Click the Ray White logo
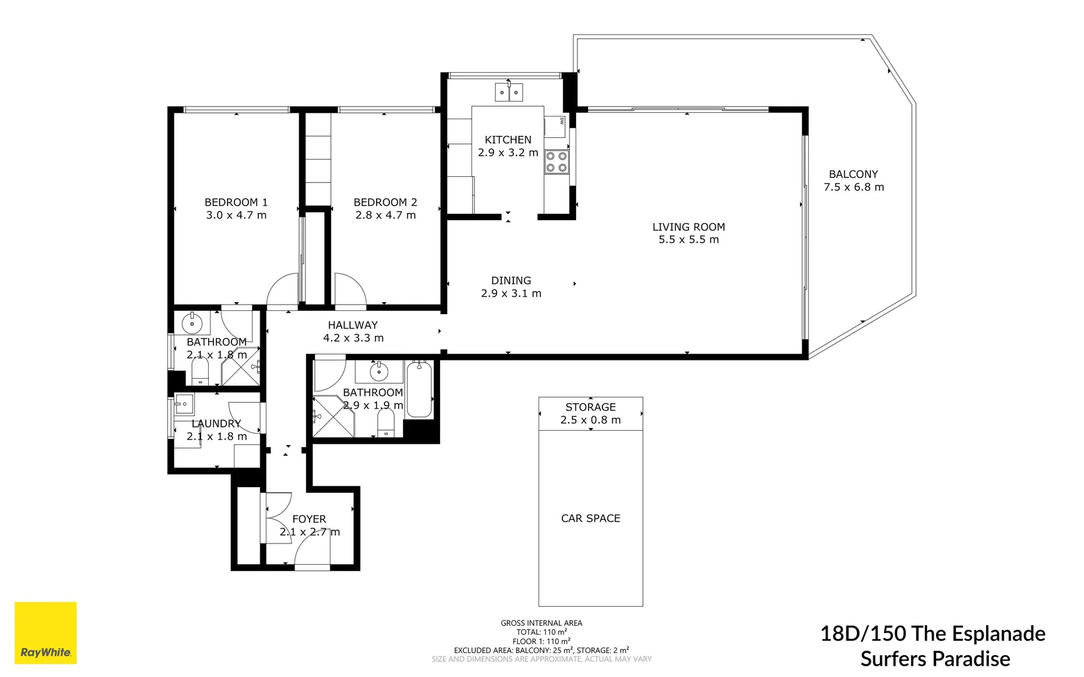(x=45, y=633)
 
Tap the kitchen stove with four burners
(x=556, y=162)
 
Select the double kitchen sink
(x=508, y=93)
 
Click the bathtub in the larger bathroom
(x=419, y=390)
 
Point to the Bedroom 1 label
(x=236, y=202)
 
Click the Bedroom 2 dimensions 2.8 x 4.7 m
(x=385, y=215)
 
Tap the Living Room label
(x=688, y=227)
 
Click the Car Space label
(x=590, y=518)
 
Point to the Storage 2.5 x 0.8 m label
(x=590, y=414)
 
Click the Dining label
(x=511, y=281)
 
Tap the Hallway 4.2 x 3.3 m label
(x=353, y=332)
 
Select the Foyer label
(x=309, y=519)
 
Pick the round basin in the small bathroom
(x=192, y=324)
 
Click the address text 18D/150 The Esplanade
(x=932, y=634)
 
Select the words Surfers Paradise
(x=935, y=659)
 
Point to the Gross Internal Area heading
(x=541, y=623)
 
